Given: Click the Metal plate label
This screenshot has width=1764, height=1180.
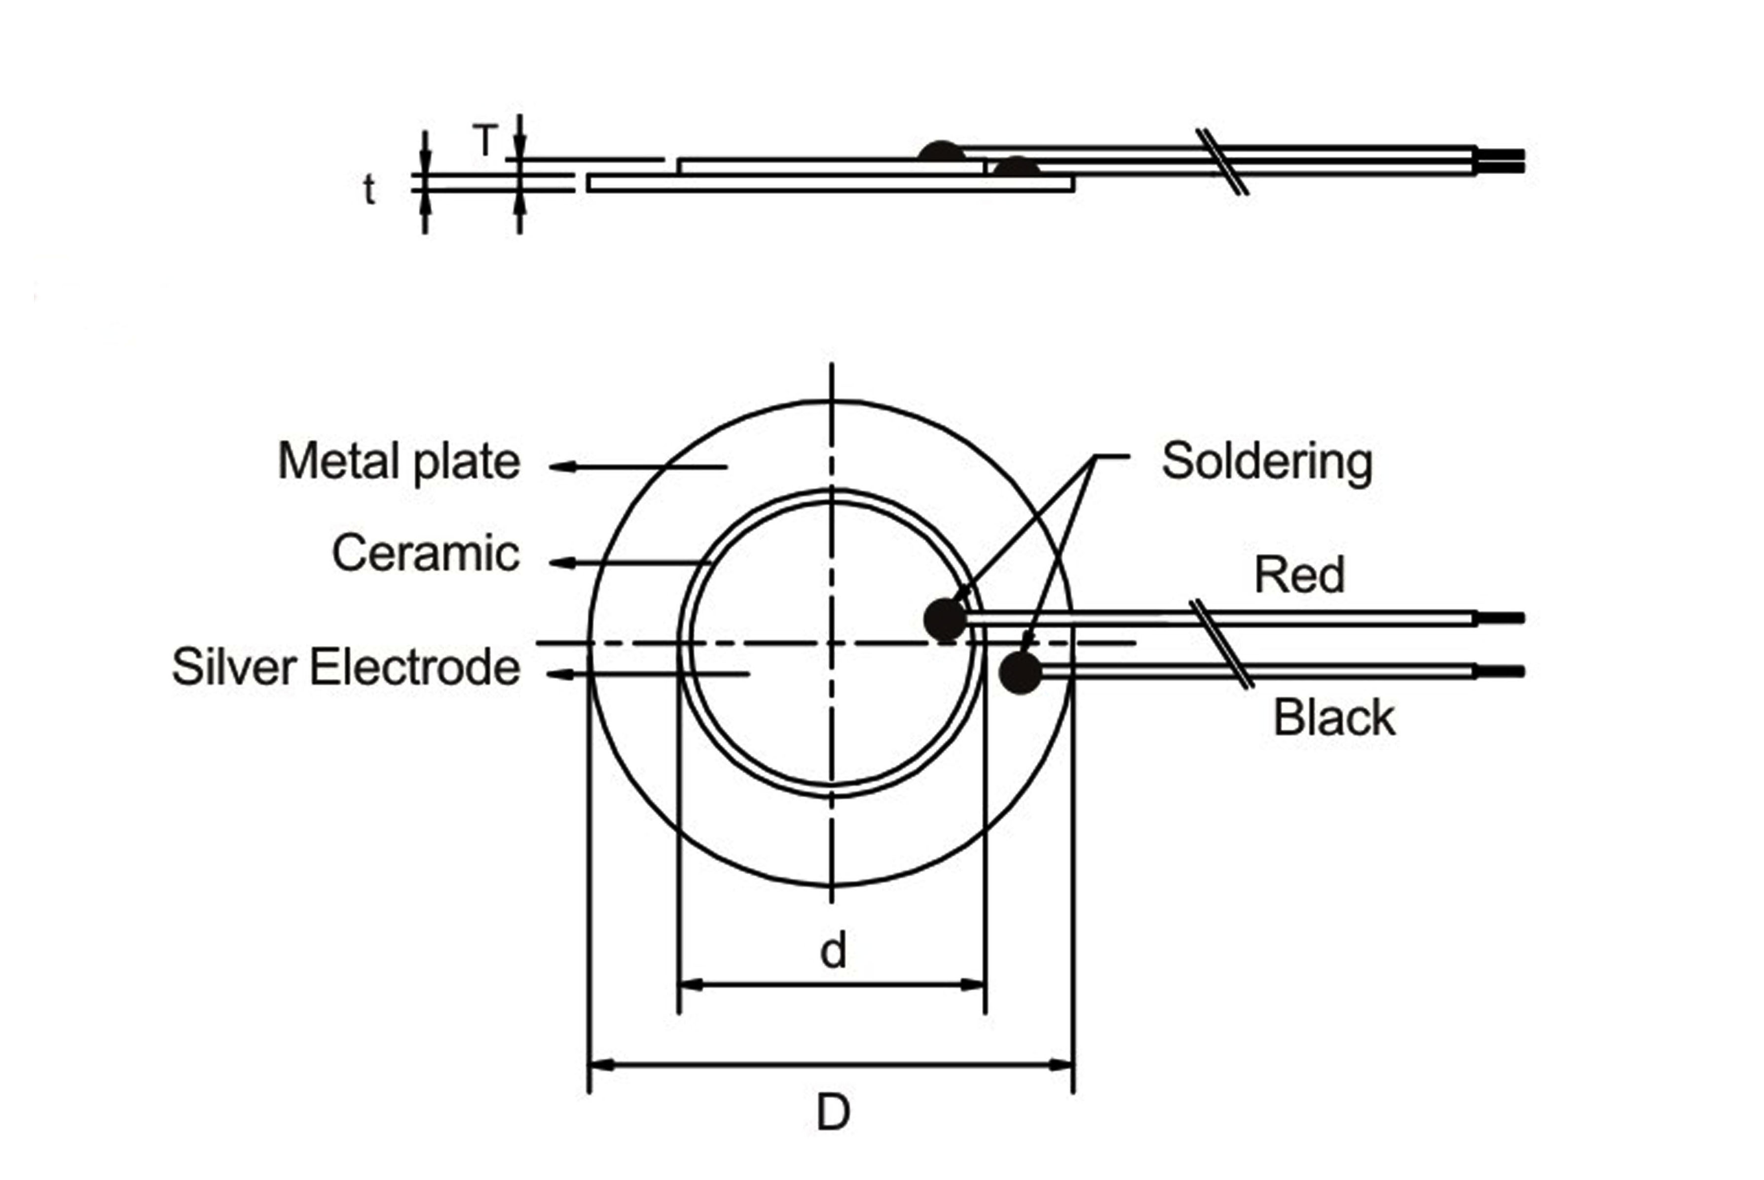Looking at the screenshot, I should coord(399,461).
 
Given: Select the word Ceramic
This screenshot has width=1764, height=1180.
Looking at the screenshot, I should coord(425,554).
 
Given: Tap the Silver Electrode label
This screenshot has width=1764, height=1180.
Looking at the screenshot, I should coord(345,667).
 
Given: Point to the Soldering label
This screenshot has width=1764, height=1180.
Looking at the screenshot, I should coord(1267,461).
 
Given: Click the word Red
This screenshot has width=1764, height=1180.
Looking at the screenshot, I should coord(1299,576).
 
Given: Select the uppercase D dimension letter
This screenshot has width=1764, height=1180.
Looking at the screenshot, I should coord(833,1113).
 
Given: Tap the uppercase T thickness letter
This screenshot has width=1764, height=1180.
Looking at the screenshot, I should coord(485,140).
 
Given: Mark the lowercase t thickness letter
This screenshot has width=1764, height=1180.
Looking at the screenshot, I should coord(369,189).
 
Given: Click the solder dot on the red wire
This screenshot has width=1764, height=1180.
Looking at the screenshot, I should coord(945,619).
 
